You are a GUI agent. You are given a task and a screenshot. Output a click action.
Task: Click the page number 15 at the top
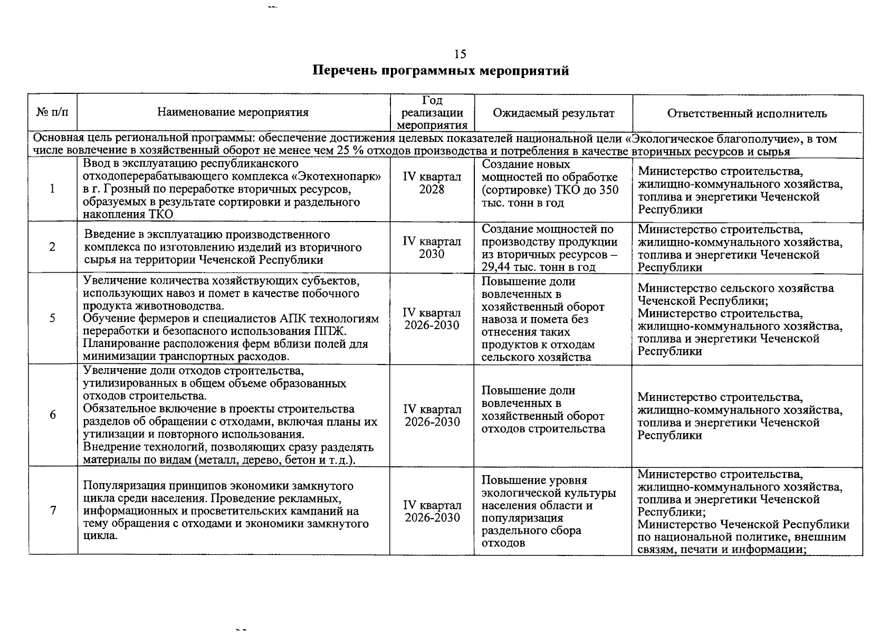(x=460, y=54)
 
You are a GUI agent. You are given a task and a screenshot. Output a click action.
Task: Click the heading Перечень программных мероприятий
(x=441, y=71)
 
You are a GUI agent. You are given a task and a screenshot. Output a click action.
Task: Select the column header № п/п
(x=52, y=113)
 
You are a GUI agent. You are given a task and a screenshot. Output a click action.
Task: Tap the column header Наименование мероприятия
(x=233, y=113)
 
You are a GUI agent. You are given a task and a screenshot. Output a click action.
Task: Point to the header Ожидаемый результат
(x=553, y=113)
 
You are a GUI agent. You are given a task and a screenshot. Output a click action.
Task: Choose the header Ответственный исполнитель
(x=747, y=113)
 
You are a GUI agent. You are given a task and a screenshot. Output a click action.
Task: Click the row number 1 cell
(x=52, y=189)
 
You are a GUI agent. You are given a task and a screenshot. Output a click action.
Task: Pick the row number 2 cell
(x=52, y=247)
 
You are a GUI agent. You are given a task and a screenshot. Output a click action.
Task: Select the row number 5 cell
(x=52, y=318)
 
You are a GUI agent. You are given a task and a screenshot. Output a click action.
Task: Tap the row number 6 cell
(x=52, y=415)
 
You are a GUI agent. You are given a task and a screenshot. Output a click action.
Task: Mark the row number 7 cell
(x=52, y=510)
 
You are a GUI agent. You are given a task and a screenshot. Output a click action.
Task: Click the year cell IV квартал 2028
(x=432, y=183)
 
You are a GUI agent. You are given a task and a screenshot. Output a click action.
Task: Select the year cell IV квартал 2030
(x=432, y=247)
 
